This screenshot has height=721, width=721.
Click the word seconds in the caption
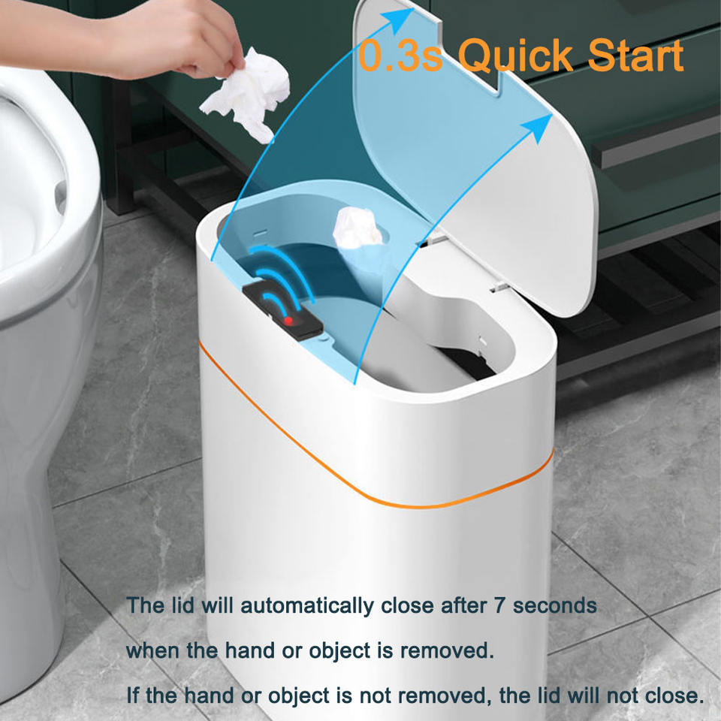[556, 605]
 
